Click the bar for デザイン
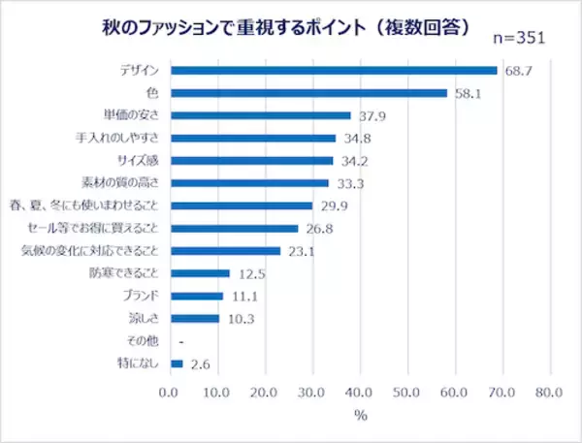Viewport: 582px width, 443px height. coord(334,71)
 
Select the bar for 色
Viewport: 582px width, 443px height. coord(308,93)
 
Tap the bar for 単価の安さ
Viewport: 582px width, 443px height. coord(261,115)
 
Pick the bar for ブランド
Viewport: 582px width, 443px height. coord(197,296)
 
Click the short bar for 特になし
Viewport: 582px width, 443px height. coord(177,364)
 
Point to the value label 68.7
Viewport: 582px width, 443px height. coord(519,71)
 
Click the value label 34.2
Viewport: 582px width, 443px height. coord(354,161)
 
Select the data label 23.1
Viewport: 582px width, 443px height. coord(302,252)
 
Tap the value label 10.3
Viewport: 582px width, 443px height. coord(241,319)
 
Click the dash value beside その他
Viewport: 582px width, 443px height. coord(181,342)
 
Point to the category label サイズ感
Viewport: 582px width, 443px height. coord(138,161)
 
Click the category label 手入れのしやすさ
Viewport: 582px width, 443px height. coord(117,138)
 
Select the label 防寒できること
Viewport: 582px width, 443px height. coord(124,273)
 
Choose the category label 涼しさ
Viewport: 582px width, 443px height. coord(144,318)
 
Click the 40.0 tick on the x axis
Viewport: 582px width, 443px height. coord(359,393)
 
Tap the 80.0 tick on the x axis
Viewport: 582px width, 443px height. coord(549,393)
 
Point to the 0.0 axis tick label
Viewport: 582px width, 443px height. coord(168,393)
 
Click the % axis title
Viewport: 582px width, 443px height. coord(361,416)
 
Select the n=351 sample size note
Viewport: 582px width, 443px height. coord(519,38)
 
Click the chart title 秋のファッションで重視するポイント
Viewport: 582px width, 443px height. coord(234,28)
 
